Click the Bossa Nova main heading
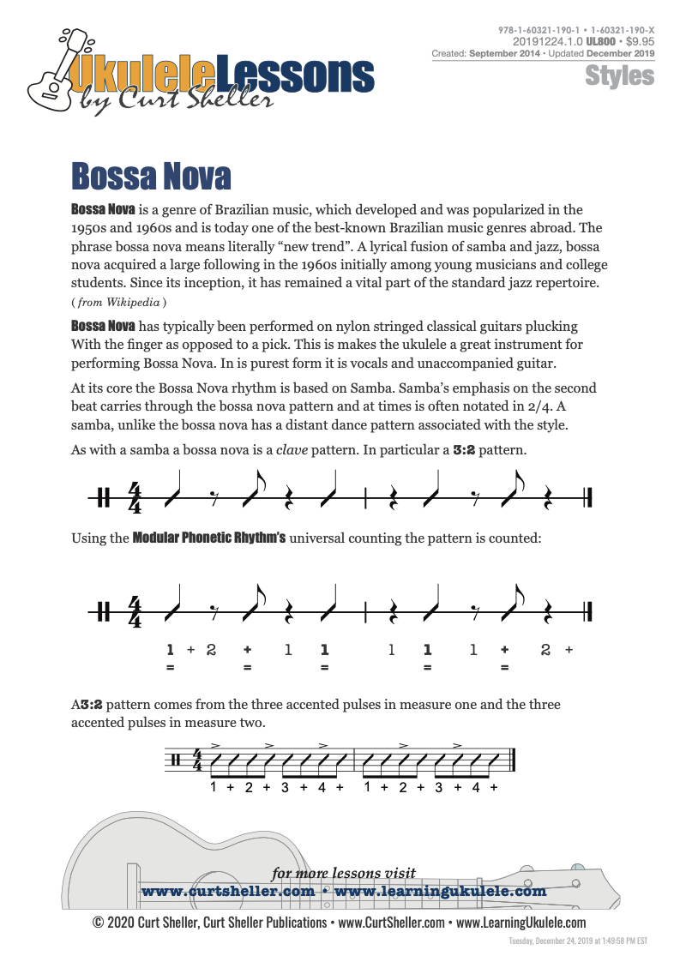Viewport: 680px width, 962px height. [x=151, y=176]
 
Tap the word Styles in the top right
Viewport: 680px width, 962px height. [x=619, y=75]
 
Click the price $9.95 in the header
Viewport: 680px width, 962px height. [x=640, y=40]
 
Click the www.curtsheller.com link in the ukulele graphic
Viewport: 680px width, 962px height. [x=228, y=892]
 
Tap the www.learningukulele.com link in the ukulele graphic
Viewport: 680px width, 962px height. [x=440, y=892]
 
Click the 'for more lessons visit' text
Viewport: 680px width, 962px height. [x=344, y=874]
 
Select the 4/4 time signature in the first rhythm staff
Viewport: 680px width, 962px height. [x=135, y=497]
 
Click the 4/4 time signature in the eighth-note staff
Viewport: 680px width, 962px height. [x=197, y=759]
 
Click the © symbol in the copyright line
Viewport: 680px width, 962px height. [x=98, y=923]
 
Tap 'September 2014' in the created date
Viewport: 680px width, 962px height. [x=505, y=53]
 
